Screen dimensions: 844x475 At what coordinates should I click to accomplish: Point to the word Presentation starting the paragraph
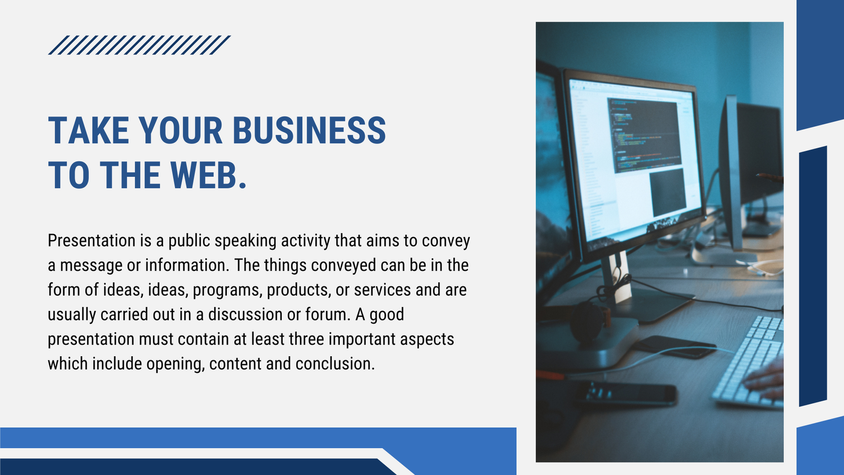click(x=92, y=241)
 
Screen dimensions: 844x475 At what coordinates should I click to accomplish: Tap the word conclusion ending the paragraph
click(x=335, y=364)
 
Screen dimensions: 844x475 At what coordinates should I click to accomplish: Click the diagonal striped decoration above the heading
click(x=139, y=45)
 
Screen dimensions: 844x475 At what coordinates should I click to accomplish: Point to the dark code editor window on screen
click(x=644, y=134)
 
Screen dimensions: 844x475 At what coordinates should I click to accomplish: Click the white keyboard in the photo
click(x=748, y=362)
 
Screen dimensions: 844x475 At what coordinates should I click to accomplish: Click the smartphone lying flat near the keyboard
click(x=675, y=347)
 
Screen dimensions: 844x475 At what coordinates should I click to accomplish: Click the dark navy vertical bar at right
click(x=813, y=277)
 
